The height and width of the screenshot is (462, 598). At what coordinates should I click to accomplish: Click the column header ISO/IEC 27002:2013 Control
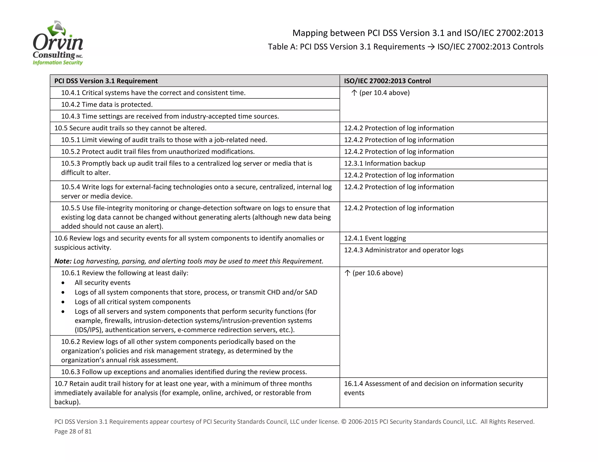pyautogui.click(x=387, y=81)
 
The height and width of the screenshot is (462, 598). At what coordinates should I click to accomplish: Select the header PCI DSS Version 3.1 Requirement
pyautogui.click(x=106, y=81)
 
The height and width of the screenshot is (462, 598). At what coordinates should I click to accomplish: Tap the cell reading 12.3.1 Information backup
pyautogui.click(x=385, y=163)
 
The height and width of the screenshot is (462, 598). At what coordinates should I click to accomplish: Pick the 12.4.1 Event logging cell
pyautogui.click(x=375, y=238)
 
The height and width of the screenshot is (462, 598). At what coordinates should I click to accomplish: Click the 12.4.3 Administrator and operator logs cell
pyautogui.click(x=404, y=250)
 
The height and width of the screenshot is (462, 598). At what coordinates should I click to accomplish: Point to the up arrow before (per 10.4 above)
pyautogui.click(x=354, y=93)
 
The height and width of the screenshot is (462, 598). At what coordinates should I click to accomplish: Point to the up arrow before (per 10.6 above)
pyautogui.click(x=347, y=273)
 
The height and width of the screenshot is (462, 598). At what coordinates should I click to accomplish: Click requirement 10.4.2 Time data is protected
pyautogui.click(x=107, y=105)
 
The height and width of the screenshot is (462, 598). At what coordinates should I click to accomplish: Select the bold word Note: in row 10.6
pyautogui.click(x=63, y=261)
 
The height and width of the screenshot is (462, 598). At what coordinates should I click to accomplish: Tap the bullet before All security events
pyautogui.click(x=63, y=283)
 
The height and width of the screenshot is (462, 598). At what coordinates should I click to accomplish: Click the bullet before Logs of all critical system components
pyautogui.click(x=63, y=302)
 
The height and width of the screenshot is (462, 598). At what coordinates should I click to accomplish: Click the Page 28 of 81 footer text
pyautogui.click(x=73, y=431)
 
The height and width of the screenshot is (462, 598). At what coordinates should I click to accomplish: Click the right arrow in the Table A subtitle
pyautogui.click(x=431, y=47)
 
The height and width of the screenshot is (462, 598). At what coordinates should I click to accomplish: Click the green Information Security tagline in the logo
pyautogui.click(x=58, y=62)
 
